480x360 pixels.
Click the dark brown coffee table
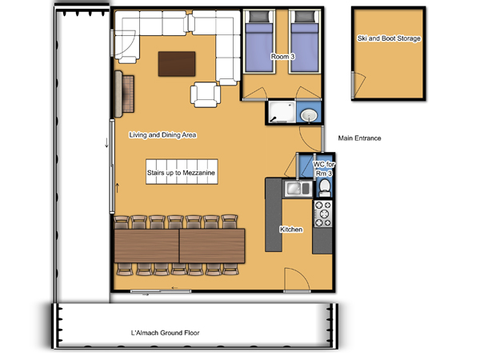point(177,64)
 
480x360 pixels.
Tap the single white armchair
point(205,94)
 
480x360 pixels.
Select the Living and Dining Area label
point(162,135)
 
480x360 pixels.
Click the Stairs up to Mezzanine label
point(181,173)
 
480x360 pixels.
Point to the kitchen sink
point(298,188)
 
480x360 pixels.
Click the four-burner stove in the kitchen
point(322,214)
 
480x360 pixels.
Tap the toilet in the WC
point(325,188)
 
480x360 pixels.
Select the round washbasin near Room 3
point(309,116)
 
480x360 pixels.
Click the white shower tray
point(282,112)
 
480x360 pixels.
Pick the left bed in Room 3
point(259,42)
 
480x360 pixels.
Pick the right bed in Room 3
point(304,42)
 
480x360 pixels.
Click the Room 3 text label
point(283,57)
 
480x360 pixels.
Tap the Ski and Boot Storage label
point(389,38)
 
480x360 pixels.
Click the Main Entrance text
point(359,138)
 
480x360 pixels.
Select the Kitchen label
point(291,230)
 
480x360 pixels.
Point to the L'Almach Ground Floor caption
point(165,333)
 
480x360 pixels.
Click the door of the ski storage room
point(358,85)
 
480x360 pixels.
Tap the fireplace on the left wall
point(124,94)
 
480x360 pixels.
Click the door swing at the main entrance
point(310,138)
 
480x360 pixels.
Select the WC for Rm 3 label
point(324,169)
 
